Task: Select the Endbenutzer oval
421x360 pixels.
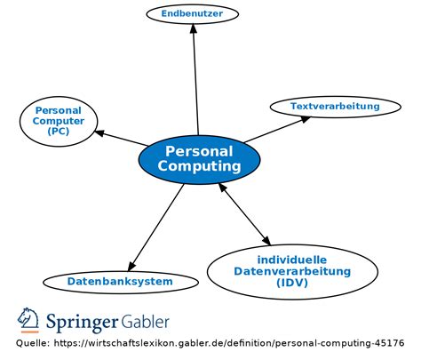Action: click(x=192, y=13)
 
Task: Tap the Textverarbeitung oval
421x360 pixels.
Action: click(x=335, y=107)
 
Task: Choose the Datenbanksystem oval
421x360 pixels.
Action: click(x=120, y=282)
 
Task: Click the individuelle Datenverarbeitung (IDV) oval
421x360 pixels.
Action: click(x=291, y=271)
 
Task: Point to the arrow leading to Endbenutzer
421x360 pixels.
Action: click(x=195, y=80)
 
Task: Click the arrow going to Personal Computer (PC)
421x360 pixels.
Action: click(x=120, y=138)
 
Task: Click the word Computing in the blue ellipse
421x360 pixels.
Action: click(x=199, y=166)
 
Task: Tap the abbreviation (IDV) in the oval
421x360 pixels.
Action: click(x=291, y=283)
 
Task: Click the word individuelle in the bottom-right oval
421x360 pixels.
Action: click(x=291, y=259)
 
